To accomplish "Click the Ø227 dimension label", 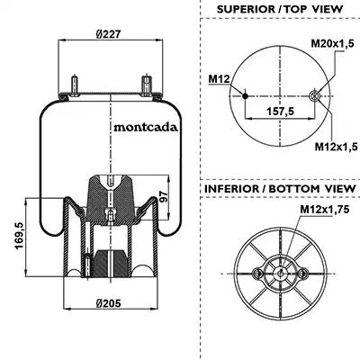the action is coord(108,34).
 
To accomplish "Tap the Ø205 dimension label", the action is coord(109,303).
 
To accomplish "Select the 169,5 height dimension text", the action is coord(20,237).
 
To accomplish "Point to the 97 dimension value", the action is coord(163,197).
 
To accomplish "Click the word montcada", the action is coord(146,127).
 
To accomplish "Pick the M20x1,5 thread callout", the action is coord(332,43).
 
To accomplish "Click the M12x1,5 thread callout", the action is coord(336,147).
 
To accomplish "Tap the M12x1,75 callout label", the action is coord(325,210).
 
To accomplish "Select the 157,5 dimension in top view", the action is coord(280,112).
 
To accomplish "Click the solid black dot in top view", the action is coord(245,96).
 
